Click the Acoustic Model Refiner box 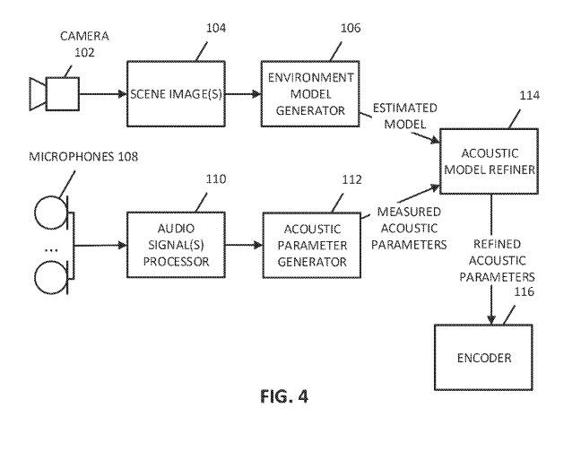(489, 161)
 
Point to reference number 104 (216, 28)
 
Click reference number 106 (351, 28)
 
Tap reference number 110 (216, 179)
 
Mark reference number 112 (351, 179)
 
